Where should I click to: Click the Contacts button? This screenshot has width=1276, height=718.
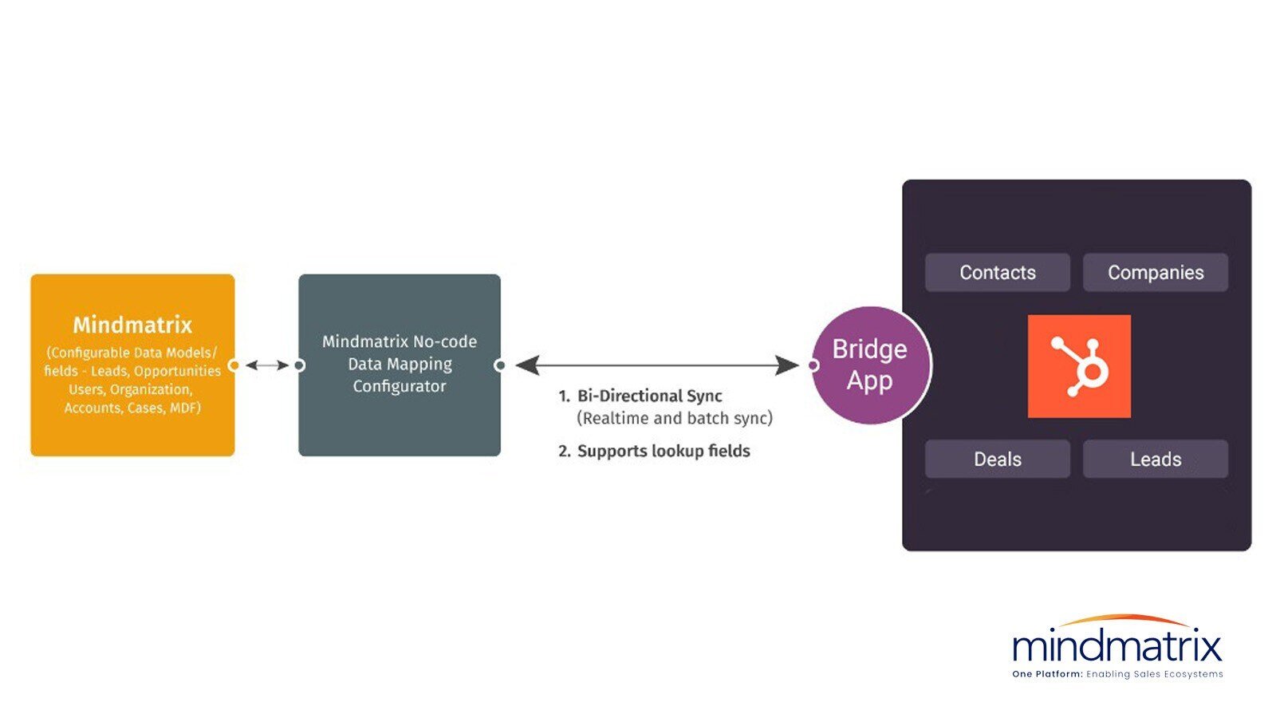click(997, 273)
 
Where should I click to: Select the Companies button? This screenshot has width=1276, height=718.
click(1155, 273)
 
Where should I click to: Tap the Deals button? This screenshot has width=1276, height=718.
click(997, 460)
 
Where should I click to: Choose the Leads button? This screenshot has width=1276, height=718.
click(1155, 460)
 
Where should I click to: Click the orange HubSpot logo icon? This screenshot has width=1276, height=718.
click(1078, 366)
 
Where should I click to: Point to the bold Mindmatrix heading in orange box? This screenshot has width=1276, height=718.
click(132, 325)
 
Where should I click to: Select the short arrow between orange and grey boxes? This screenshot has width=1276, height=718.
click(266, 365)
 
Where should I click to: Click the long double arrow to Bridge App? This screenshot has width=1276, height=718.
click(657, 365)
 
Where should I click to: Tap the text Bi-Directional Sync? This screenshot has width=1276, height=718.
click(649, 396)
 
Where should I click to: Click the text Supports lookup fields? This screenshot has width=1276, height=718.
click(663, 451)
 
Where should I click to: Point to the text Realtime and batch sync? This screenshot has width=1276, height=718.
click(674, 418)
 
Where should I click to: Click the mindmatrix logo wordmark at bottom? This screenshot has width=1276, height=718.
click(1116, 645)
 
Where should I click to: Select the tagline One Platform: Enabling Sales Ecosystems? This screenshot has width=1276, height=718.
click(1116, 674)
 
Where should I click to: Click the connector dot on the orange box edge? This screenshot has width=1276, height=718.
click(234, 365)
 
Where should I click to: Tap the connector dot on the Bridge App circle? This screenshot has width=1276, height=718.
click(813, 365)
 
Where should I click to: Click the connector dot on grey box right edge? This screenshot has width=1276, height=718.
click(500, 365)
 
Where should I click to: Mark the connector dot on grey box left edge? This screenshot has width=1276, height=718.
click(299, 365)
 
